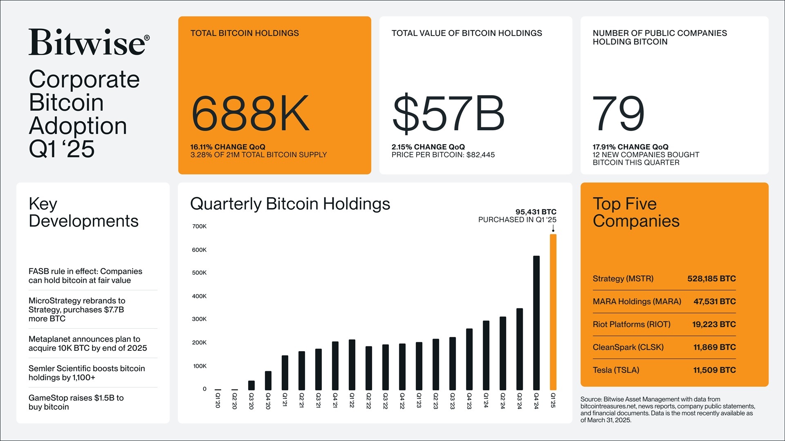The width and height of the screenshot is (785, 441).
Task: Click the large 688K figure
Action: click(250, 114)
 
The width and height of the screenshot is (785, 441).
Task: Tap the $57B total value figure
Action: click(448, 114)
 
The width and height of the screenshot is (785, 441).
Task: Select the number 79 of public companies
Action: click(618, 114)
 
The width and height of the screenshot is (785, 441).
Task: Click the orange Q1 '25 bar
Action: click(553, 312)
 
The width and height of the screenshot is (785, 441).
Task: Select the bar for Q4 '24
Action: click(536, 323)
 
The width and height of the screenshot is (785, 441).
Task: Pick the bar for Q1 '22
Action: click(352, 365)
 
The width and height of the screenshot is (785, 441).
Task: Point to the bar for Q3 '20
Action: click(251, 385)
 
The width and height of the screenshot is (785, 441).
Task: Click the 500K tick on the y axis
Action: click(200, 273)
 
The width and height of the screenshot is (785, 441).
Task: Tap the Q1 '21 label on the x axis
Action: click(285, 400)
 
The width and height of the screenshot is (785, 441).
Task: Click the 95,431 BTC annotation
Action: click(536, 212)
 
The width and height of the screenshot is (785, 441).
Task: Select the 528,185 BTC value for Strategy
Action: click(711, 278)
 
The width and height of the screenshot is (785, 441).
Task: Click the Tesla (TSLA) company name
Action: click(616, 370)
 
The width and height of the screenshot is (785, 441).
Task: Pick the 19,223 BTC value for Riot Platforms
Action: click(713, 324)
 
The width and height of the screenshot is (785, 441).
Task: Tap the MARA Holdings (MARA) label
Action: click(637, 301)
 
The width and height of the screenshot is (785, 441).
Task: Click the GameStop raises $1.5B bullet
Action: click(76, 402)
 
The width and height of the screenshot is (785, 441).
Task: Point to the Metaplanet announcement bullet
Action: click(87, 343)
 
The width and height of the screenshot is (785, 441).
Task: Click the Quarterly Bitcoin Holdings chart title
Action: click(290, 204)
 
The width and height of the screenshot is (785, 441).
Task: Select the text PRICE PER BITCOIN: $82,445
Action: click(443, 155)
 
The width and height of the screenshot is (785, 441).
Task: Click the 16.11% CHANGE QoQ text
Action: click(227, 147)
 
